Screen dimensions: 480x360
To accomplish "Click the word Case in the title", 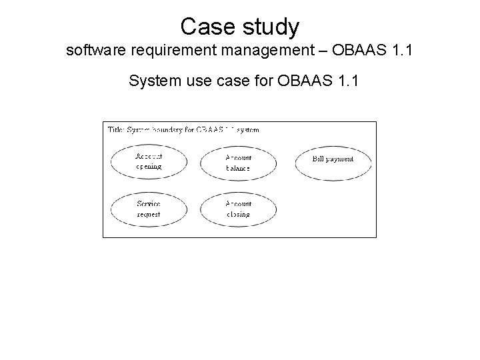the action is pos(203,27).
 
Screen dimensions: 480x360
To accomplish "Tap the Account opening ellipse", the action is pos(149,162).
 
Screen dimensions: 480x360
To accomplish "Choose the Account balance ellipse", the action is pos(238,163).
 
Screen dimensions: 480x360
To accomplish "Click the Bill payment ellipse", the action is pos(333,159).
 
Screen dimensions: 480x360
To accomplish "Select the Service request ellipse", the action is pos(149,209).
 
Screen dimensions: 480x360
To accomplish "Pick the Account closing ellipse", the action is pos(238,209).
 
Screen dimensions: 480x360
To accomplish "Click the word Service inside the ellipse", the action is pos(149,204).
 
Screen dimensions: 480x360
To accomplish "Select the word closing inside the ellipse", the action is pos(238,215).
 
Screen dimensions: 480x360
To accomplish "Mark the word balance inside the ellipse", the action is pos(238,169).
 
